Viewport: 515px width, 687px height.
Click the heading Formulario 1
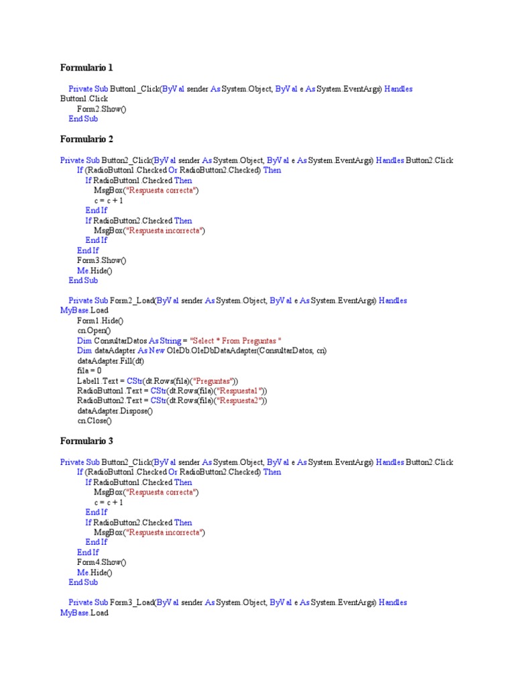click(x=87, y=68)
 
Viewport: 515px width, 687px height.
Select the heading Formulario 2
click(x=87, y=139)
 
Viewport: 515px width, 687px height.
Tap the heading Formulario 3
click(x=87, y=441)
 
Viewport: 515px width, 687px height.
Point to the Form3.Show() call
click(x=101, y=260)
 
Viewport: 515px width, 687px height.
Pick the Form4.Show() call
click(x=101, y=562)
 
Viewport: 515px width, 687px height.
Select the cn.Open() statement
click(x=95, y=331)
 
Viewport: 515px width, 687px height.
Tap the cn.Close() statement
click(x=95, y=421)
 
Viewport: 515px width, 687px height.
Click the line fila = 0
click(x=89, y=370)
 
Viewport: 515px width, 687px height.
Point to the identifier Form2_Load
click(x=132, y=301)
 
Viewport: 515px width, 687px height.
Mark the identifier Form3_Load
click(x=132, y=602)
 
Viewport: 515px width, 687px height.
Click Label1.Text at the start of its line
click(x=97, y=381)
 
